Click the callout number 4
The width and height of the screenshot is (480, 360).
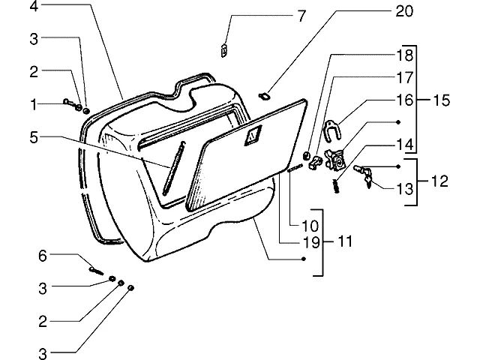coord(34,6)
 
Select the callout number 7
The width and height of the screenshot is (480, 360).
coord(301,16)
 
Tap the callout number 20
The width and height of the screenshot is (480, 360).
coord(404,11)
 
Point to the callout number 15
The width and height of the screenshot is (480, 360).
coord(442,100)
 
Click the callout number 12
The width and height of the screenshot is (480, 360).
coord(439,181)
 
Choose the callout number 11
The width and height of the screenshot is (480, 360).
coord(345,241)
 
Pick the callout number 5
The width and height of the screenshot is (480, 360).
coord(34,137)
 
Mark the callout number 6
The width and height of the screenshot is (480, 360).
coord(43,256)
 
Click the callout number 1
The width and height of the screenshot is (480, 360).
coord(34,105)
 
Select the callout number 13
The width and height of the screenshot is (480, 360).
coord(405,189)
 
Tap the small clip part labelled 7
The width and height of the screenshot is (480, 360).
coord(224,50)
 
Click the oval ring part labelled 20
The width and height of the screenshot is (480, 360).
coord(263,97)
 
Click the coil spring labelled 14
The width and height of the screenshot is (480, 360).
coord(336,186)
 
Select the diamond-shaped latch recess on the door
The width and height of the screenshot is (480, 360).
coord(253,135)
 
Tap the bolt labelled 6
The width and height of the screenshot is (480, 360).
coord(96,271)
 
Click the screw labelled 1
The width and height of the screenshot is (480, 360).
coord(72,104)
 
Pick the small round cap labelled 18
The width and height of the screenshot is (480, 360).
coord(306,155)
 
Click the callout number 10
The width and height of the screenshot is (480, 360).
coord(310,226)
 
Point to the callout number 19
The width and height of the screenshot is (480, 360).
coord(311,241)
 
